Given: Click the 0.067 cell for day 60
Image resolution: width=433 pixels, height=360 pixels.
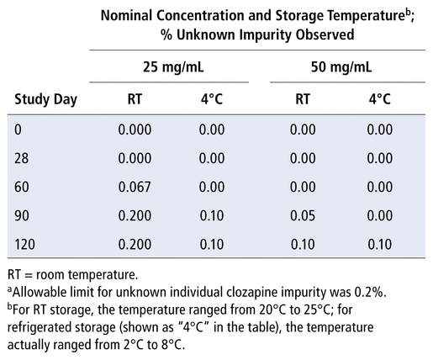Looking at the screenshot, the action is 135,187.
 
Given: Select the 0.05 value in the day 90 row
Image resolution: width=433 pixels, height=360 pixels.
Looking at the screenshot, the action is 303,215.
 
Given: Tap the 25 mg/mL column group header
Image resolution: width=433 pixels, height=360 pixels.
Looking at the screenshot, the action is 173,67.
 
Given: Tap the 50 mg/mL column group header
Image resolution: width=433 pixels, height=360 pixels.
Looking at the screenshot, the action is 341,67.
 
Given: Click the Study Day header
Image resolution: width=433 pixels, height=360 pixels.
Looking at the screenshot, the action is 45,100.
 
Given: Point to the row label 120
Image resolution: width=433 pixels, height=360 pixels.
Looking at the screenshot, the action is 24,244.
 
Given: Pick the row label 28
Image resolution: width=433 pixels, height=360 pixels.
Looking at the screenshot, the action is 21,158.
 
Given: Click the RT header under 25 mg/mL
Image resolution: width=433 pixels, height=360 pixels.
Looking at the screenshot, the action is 135,99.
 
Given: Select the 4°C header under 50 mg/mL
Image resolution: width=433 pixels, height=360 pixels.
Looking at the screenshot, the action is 380,99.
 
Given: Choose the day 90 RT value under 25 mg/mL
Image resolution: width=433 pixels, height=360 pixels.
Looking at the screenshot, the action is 135,215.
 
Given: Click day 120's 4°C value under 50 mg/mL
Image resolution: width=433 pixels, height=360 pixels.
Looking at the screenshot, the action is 380,244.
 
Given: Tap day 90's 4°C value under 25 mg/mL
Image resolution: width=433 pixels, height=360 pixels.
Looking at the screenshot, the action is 212,215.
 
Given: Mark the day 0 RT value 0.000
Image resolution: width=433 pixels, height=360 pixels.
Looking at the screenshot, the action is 135,130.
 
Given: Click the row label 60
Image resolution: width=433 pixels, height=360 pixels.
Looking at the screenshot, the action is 21,187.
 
